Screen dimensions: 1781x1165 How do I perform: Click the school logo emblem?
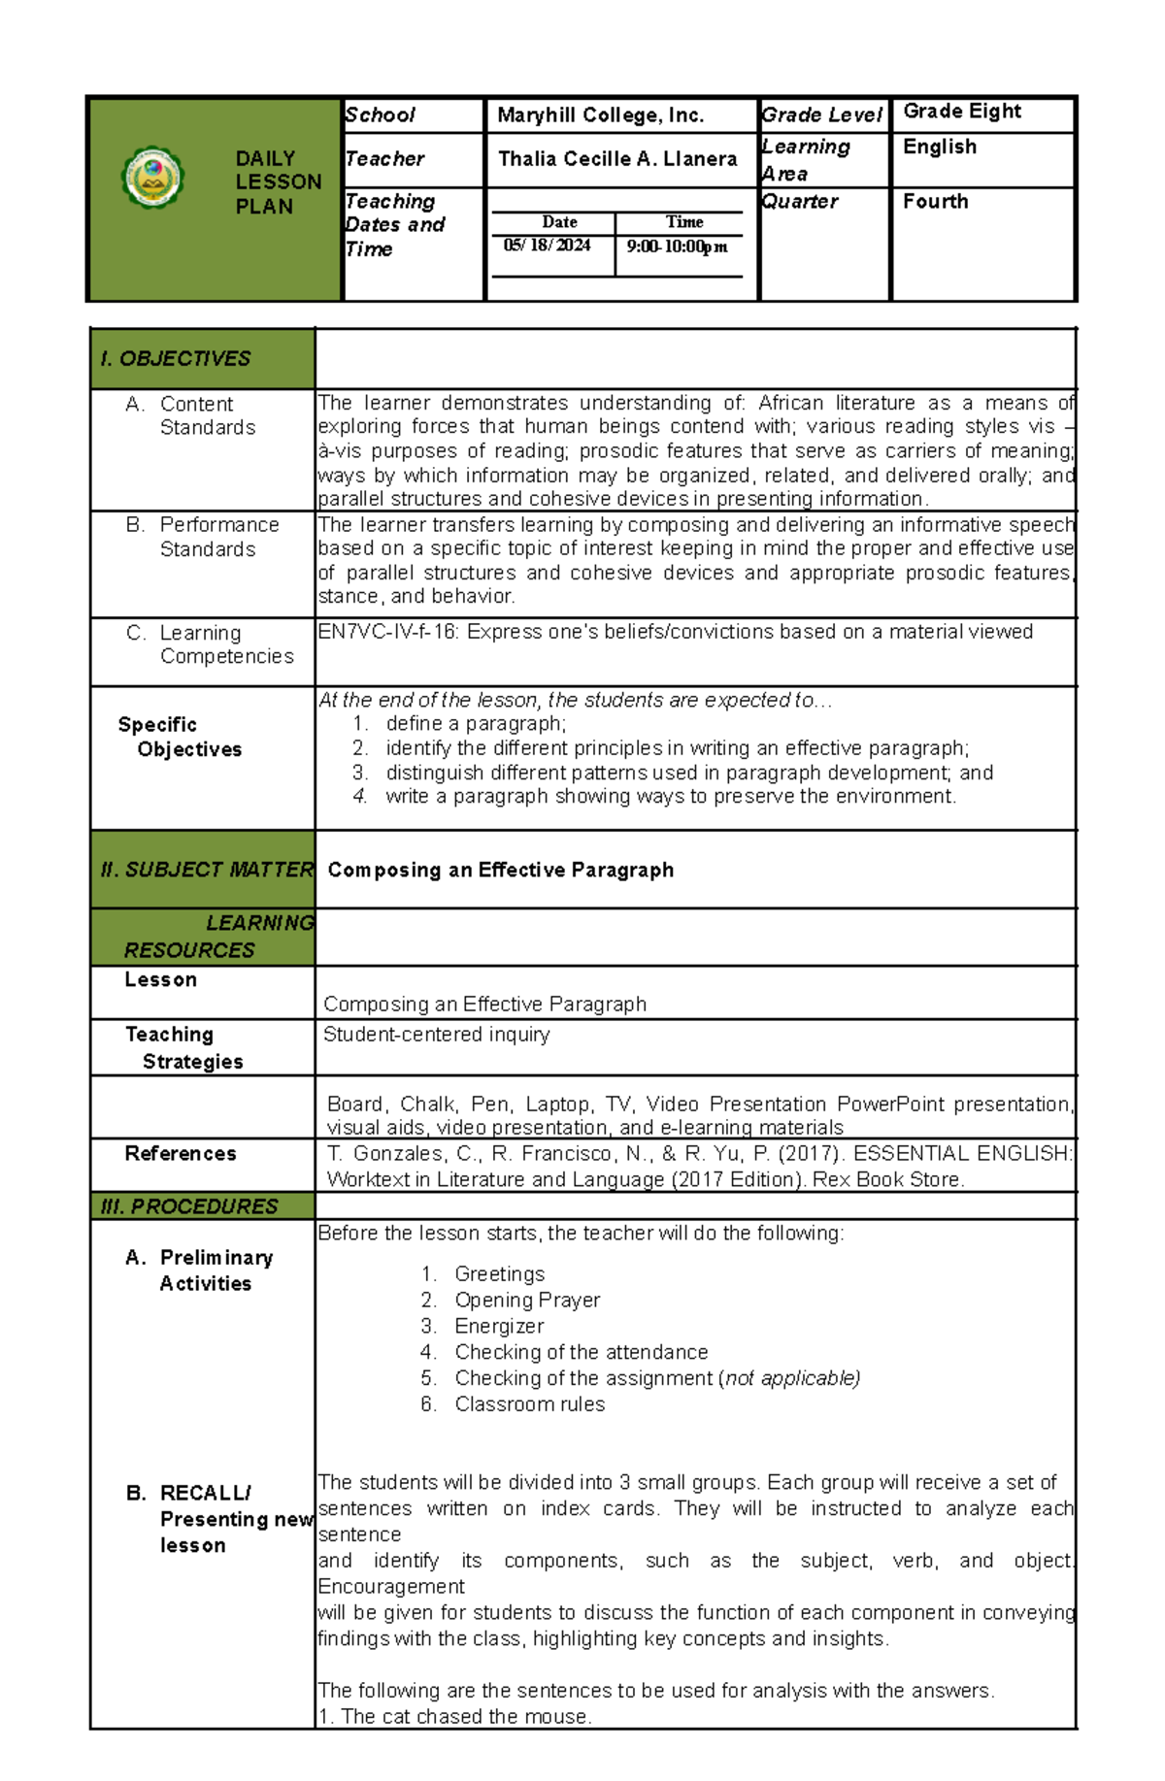pos(152,178)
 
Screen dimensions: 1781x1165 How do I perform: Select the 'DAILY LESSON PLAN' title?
pos(278,181)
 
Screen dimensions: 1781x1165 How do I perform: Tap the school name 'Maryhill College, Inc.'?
pos(600,115)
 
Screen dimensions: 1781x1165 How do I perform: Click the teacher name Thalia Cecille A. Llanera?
pos(617,159)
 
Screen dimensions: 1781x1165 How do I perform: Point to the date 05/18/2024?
pos(547,246)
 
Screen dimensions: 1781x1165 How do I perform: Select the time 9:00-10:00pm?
pos(677,247)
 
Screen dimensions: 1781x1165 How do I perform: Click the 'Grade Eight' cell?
pos(961,112)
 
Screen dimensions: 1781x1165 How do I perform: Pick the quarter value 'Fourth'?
pos(935,202)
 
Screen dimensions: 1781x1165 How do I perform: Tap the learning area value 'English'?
pos(939,148)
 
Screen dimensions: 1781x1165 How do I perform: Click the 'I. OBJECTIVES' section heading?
pos(176,359)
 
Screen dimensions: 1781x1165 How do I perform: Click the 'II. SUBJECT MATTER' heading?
pos(206,870)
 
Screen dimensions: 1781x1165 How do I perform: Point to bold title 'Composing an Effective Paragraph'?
pos(500,870)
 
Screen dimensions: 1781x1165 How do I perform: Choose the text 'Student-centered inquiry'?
pos(436,1035)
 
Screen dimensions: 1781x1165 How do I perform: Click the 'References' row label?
pos(181,1153)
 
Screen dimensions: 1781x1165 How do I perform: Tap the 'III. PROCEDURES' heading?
pos(189,1206)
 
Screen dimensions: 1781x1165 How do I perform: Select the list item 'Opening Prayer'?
pos(526,1300)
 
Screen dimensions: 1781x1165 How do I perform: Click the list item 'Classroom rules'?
pos(529,1404)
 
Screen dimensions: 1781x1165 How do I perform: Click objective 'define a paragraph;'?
pos(475,724)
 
